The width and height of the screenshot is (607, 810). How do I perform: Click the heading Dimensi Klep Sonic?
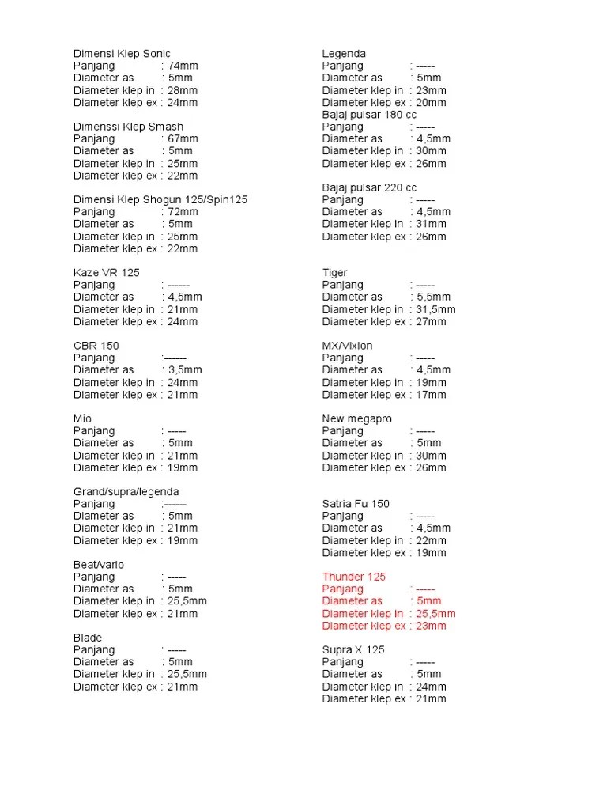122,54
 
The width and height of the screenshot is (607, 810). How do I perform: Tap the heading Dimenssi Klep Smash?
128,127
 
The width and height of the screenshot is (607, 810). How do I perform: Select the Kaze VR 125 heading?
106,273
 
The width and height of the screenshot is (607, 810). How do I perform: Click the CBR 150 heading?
96,346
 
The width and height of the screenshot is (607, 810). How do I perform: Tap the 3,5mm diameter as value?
185,369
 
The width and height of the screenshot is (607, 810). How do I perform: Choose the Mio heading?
83,418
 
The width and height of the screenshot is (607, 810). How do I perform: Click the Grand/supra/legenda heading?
126,491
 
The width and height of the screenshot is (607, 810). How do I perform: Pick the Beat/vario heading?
99,565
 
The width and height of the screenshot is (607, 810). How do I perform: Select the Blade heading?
88,638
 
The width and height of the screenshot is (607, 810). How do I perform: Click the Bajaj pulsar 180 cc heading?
369,115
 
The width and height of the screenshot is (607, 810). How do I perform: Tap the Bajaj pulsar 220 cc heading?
369,187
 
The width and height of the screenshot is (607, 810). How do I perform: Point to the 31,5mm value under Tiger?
436,309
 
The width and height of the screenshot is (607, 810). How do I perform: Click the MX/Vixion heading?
347,346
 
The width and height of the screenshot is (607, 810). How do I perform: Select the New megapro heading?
356,418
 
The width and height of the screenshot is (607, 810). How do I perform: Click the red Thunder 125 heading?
354,577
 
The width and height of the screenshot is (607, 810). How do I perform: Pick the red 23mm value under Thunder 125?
432,626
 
